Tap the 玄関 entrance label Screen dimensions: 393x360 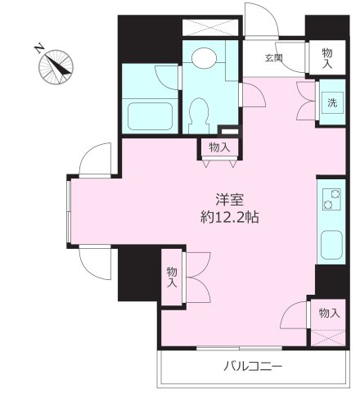coord(273,57)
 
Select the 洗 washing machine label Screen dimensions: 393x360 coord(331,103)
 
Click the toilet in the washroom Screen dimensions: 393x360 coord(199,111)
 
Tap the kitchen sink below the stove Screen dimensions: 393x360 coord(331,243)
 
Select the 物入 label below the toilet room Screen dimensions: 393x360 coord(218,147)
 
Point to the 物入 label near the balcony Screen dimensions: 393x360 coord(329,313)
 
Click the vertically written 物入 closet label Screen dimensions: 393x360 coord(173,277)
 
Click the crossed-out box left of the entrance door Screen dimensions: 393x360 coord(211,26)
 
